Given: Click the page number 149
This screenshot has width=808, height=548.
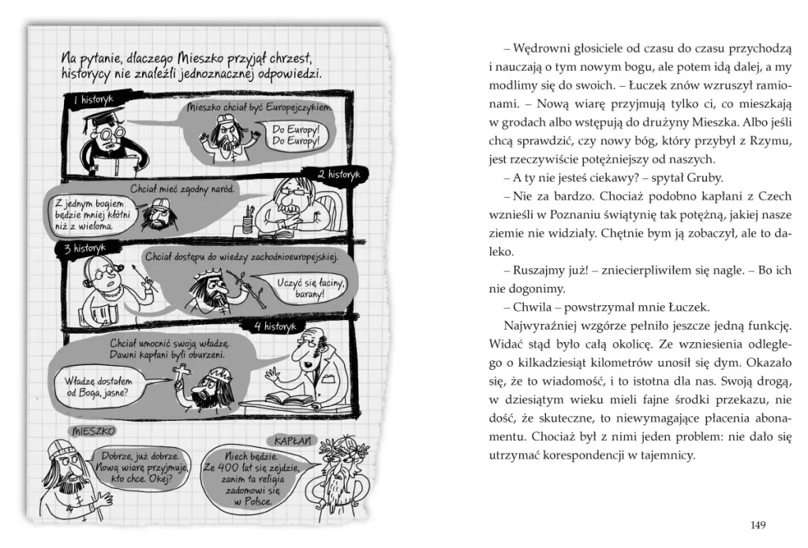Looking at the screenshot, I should [757, 525].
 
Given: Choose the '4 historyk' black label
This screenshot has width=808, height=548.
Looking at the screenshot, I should [273, 326].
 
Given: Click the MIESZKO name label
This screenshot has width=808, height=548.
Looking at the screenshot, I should [93, 432].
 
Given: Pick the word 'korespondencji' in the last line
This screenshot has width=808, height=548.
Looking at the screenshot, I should [600, 455].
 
